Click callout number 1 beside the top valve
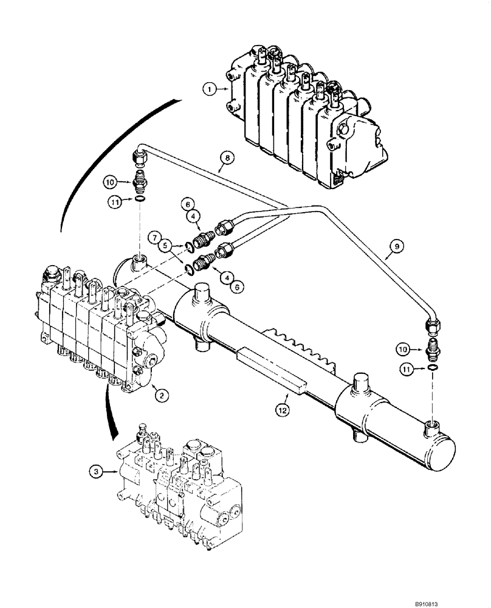[210, 89]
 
